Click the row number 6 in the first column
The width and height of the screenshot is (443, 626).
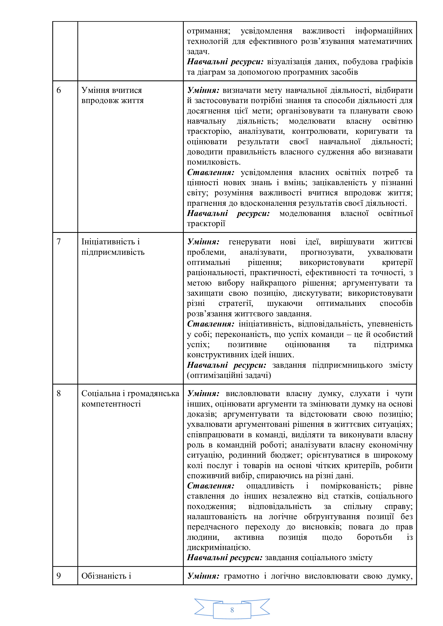[59, 90]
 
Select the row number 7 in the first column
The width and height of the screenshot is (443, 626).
[59, 242]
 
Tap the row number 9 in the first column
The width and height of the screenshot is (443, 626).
[59, 576]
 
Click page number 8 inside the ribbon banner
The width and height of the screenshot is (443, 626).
[232, 610]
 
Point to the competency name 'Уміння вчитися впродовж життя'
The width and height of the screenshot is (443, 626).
[112, 96]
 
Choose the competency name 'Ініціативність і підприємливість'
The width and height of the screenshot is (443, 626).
[113, 247]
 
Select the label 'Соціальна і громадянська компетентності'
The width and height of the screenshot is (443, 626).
[130, 398]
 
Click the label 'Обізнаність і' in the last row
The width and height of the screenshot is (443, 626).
[106, 576]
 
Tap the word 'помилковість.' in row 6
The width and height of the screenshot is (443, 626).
[213, 162]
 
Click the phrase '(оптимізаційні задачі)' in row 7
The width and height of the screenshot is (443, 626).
[229, 375]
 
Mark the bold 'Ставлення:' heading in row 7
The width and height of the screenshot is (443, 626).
[211, 324]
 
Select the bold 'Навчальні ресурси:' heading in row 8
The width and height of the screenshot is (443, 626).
[225, 557]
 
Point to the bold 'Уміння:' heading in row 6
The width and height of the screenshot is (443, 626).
[203, 90]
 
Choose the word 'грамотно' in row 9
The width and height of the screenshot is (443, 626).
[241, 576]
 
